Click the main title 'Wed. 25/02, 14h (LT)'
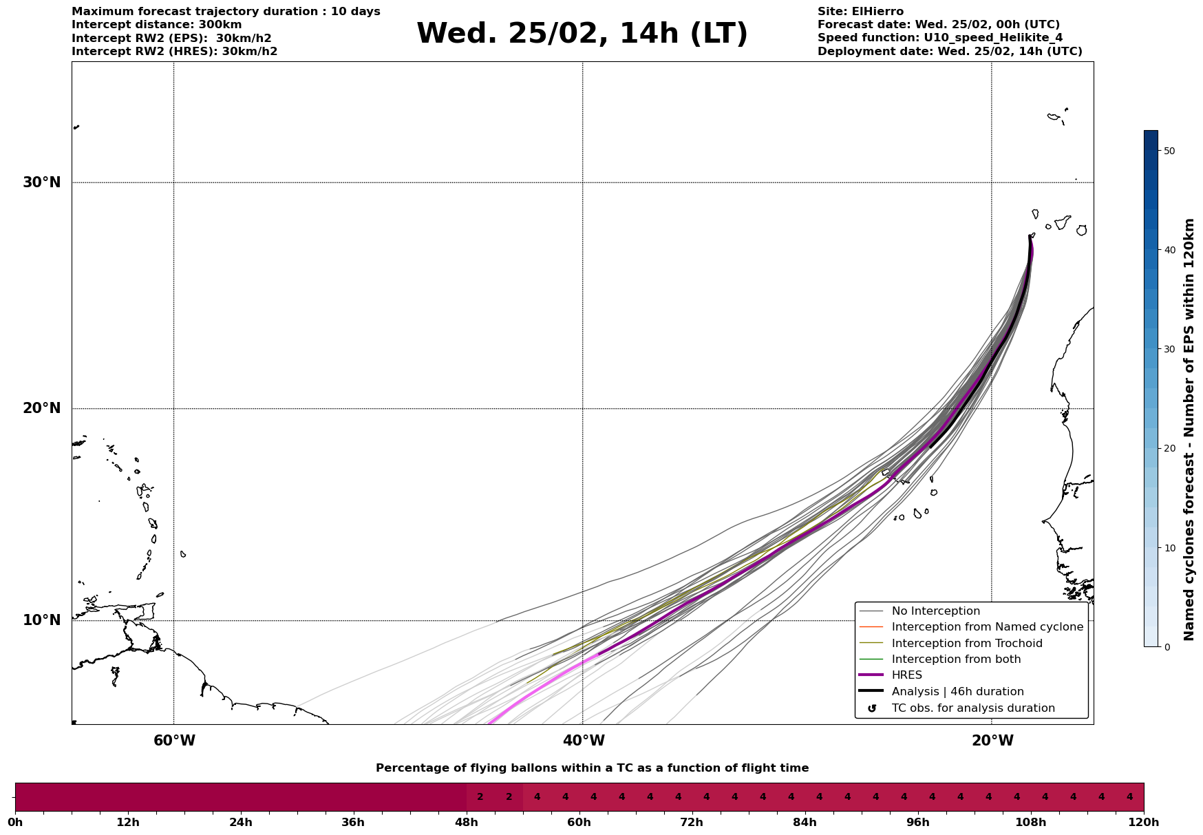click(582, 34)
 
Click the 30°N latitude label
click(41, 182)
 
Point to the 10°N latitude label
click(41, 620)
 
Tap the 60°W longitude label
click(174, 741)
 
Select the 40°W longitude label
click(584, 741)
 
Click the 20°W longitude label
click(992, 741)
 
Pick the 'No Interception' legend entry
click(935, 611)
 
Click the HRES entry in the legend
click(906, 675)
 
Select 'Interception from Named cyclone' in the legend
click(987, 627)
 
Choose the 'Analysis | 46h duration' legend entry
click(957, 692)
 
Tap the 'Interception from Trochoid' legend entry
click(966, 644)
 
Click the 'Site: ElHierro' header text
click(860, 12)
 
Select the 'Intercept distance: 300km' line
click(156, 25)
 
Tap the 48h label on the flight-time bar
click(467, 822)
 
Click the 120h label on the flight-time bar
click(1143, 822)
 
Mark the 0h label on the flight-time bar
click(15, 822)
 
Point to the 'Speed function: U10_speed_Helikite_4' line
click(939, 38)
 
